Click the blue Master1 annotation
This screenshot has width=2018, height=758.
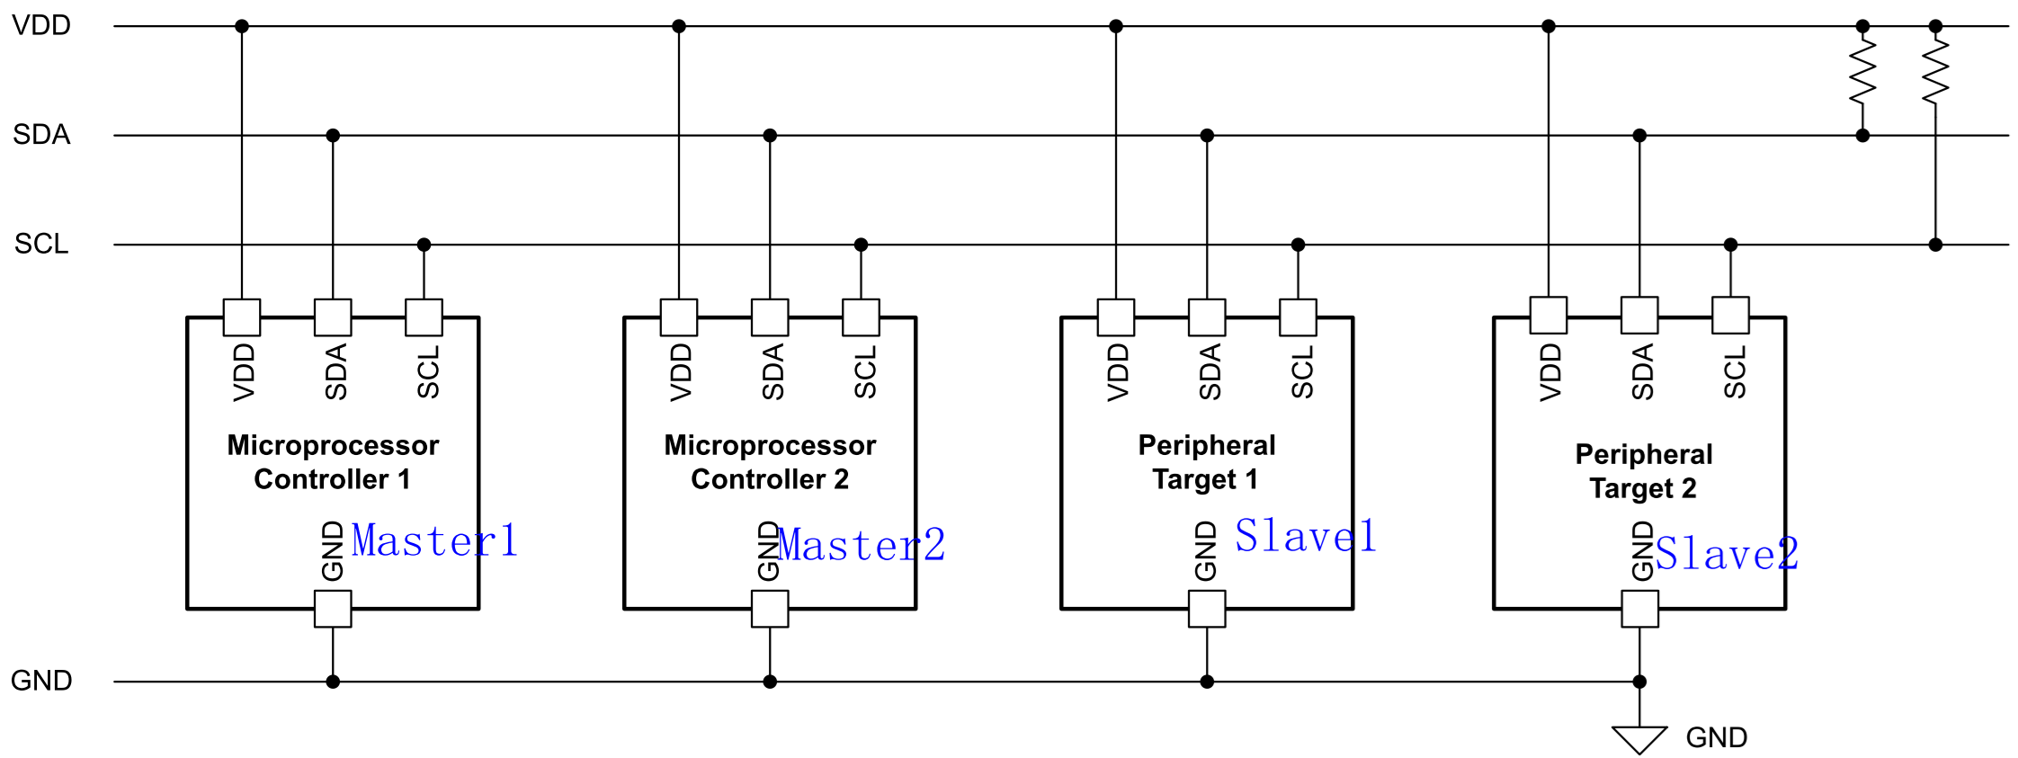[434, 540]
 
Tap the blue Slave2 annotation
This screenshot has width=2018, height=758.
[1727, 553]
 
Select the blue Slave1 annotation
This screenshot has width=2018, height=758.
[1305, 536]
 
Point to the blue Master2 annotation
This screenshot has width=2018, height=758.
[862, 545]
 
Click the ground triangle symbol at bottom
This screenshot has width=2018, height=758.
[1639, 739]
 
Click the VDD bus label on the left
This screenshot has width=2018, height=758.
[41, 25]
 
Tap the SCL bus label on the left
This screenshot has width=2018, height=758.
[41, 244]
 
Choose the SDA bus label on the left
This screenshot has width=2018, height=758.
[41, 135]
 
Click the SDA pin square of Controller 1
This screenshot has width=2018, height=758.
[333, 317]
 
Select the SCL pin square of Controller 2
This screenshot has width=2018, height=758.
[861, 317]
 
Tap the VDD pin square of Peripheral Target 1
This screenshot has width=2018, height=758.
[1116, 317]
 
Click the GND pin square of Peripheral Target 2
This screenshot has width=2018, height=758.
[1639, 609]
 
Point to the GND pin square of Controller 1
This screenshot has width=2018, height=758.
[333, 609]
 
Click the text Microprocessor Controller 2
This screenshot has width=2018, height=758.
[770, 462]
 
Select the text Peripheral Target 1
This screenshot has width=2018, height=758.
[1207, 462]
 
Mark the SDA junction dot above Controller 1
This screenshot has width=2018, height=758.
[333, 136]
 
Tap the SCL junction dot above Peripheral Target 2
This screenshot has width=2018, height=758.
[1730, 245]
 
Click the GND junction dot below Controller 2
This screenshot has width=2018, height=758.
[770, 682]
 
